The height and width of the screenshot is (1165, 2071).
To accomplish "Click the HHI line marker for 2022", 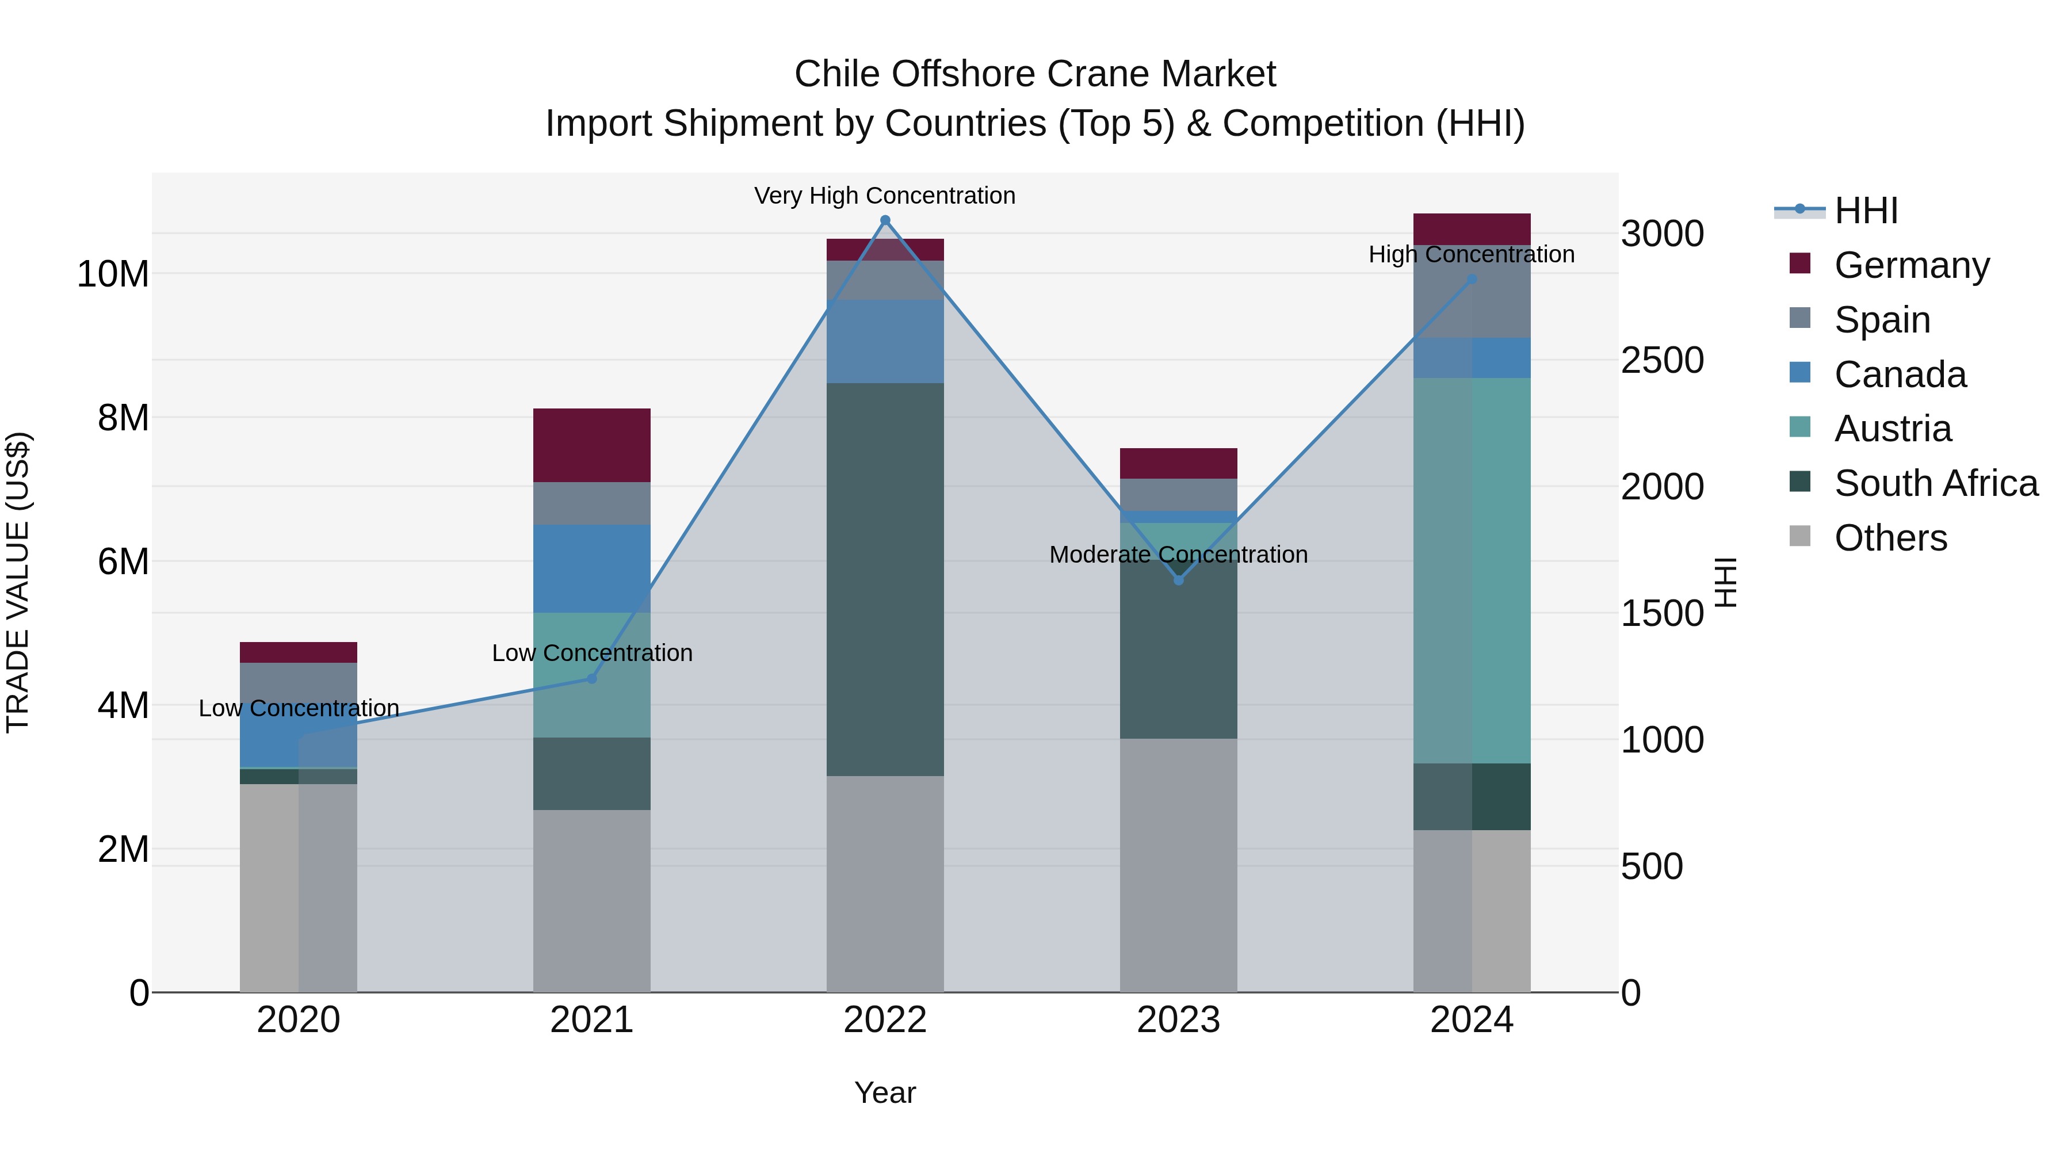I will click(885, 220).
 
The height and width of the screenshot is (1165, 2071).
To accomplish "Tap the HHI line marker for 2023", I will click(1179, 580).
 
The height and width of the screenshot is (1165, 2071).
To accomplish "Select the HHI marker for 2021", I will click(592, 679).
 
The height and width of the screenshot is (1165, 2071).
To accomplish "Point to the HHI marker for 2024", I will click(1472, 280).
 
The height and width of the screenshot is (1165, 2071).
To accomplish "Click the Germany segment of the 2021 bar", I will click(592, 445).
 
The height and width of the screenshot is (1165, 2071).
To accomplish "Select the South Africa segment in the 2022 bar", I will click(885, 579).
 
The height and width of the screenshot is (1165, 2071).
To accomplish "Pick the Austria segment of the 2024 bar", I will click(1472, 571).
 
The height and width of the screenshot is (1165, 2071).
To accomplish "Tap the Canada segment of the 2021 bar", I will click(592, 568).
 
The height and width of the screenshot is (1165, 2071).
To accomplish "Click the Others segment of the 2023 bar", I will click(1179, 865).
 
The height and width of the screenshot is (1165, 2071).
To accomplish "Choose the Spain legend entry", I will click(1881, 320).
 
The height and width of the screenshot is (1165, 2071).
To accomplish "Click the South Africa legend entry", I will click(1935, 483).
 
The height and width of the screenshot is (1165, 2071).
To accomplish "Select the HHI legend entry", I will click(1865, 211).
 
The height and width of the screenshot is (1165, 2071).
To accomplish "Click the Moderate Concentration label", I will click(1179, 555).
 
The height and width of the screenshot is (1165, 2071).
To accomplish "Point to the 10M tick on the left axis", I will click(113, 274).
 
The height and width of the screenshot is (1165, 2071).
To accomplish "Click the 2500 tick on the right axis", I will click(1661, 360).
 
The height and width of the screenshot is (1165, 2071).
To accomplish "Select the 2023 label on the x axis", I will click(1179, 1020).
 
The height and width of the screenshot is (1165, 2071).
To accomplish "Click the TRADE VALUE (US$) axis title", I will click(18, 582).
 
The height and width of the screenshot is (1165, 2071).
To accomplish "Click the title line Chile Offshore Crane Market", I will click(1035, 74).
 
